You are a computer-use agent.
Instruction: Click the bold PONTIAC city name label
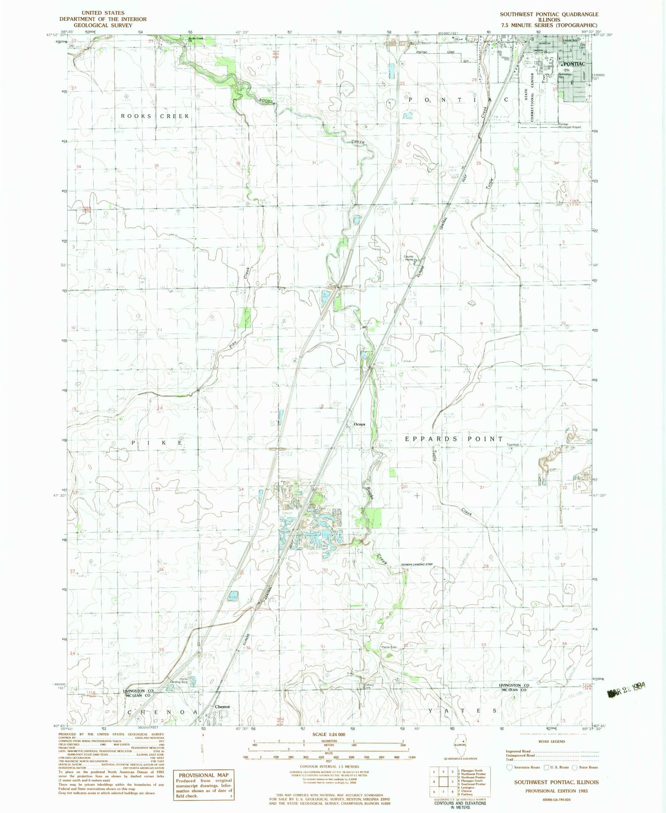point(575,64)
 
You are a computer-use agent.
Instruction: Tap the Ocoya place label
point(359,424)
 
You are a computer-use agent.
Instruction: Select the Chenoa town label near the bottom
point(222,706)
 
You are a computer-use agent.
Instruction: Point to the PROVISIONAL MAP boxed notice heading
point(203,775)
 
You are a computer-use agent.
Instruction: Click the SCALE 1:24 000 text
point(329,734)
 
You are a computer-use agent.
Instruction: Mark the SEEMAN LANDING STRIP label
point(416,564)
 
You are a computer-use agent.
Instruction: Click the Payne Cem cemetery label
point(388,647)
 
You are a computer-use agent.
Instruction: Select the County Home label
point(408,258)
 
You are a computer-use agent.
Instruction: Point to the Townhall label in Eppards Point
point(513,444)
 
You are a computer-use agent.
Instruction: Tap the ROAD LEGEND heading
point(552,741)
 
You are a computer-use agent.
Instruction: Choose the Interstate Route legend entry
point(524,767)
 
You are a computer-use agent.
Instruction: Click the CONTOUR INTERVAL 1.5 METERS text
point(329,766)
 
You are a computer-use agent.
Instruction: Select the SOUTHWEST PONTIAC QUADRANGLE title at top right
point(549,14)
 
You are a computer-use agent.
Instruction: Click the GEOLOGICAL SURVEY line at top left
point(103,25)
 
